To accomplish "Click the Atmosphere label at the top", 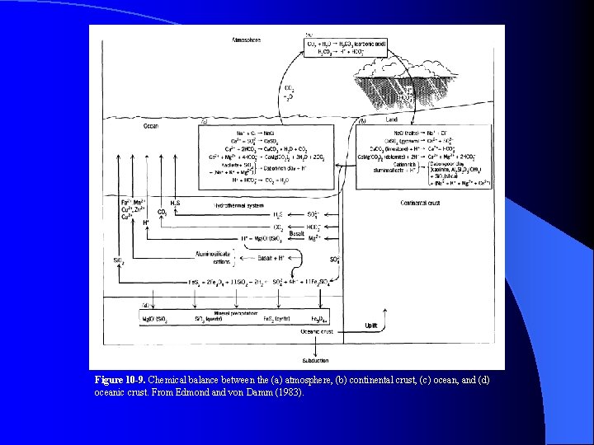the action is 247,40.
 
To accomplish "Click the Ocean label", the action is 151,126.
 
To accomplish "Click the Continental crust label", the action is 421,203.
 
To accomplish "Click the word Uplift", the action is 371,326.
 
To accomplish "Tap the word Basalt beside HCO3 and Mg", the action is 297,233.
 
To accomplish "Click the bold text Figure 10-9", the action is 120,380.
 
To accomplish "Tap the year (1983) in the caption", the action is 290,392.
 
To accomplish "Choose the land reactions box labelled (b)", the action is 423,157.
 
